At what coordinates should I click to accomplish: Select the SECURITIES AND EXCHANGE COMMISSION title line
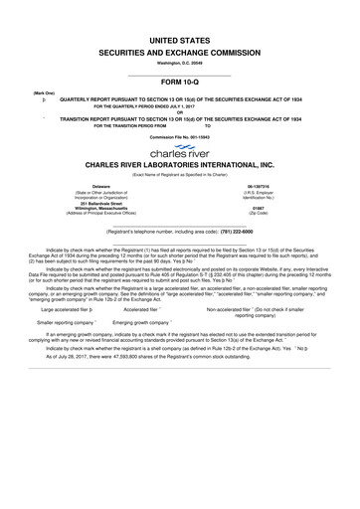pyautogui.click(x=179, y=48)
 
